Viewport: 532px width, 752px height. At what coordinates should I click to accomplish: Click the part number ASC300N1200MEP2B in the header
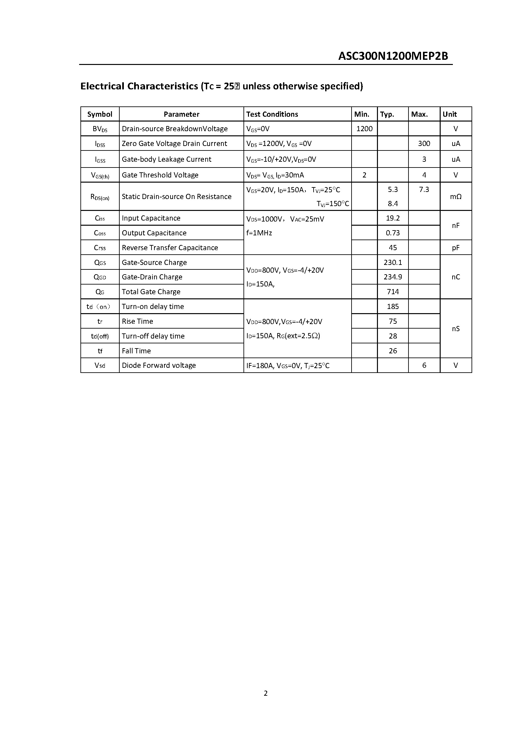pyautogui.click(x=393, y=56)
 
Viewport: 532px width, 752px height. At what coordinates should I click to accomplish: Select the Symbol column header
pyautogui.click(x=100, y=114)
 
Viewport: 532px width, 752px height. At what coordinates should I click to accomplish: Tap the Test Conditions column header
pyautogui.click(x=272, y=114)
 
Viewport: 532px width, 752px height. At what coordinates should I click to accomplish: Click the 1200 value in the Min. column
pyautogui.click(x=364, y=129)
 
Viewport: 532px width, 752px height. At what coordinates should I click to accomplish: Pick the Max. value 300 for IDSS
pyautogui.click(x=424, y=143)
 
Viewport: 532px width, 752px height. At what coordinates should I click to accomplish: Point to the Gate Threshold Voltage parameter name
pyautogui.click(x=160, y=175)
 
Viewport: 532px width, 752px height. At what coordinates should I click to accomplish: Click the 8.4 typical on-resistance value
pyautogui.click(x=393, y=204)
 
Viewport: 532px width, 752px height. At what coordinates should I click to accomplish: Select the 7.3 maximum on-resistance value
pyautogui.click(x=424, y=189)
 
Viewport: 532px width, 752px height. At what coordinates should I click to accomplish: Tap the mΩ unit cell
pyautogui.click(x=456, y=196)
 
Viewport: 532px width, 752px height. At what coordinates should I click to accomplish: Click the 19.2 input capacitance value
pyautogui.click(x=393, y=218)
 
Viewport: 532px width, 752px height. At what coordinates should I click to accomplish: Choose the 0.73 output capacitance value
pyautogui.click(x=393, y=233)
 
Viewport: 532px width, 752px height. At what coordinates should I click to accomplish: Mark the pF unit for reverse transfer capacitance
pyautogui.click(x=456, y=248)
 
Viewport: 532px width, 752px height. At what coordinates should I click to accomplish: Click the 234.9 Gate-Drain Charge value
pyautogui.click(x=393, y=277)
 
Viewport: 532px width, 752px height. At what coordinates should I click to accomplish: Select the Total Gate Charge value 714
pyautogui.click(x=393, y=292)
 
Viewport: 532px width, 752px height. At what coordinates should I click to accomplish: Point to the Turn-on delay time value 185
pyautogui.click(x=393, y=306)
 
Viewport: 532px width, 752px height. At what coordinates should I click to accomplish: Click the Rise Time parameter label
pyautogui.click(x=137, y=321)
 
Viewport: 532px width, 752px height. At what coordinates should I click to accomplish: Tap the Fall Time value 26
pyautogui.click(x=393, y=351)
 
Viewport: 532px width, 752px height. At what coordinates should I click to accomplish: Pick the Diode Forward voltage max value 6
pyautogui.click(x=424, y=365)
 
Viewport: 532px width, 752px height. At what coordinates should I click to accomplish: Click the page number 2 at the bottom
pyautogui.click(x=266, y=693)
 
